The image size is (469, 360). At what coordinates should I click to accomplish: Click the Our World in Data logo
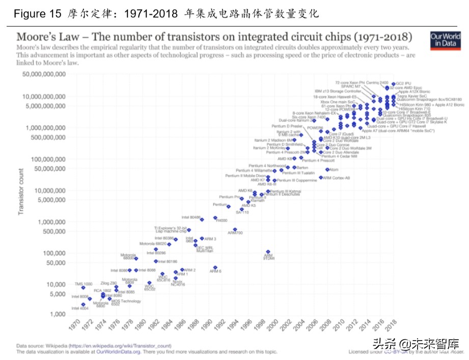pos(441,41)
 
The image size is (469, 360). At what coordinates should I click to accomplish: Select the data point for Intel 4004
pos(83,304)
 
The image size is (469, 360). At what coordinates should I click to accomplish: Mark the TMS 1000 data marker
pos(83,288)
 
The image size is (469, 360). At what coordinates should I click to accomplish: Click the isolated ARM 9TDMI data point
pos(268,252)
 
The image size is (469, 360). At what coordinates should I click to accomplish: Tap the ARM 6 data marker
pos(215,267)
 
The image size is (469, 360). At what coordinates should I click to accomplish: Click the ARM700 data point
pos(235,230)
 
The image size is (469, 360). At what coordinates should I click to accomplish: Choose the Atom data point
pos(327,170)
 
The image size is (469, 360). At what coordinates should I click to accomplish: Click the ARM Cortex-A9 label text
pos(337,178)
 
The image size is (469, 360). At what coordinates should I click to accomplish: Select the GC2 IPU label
pos(404,82)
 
